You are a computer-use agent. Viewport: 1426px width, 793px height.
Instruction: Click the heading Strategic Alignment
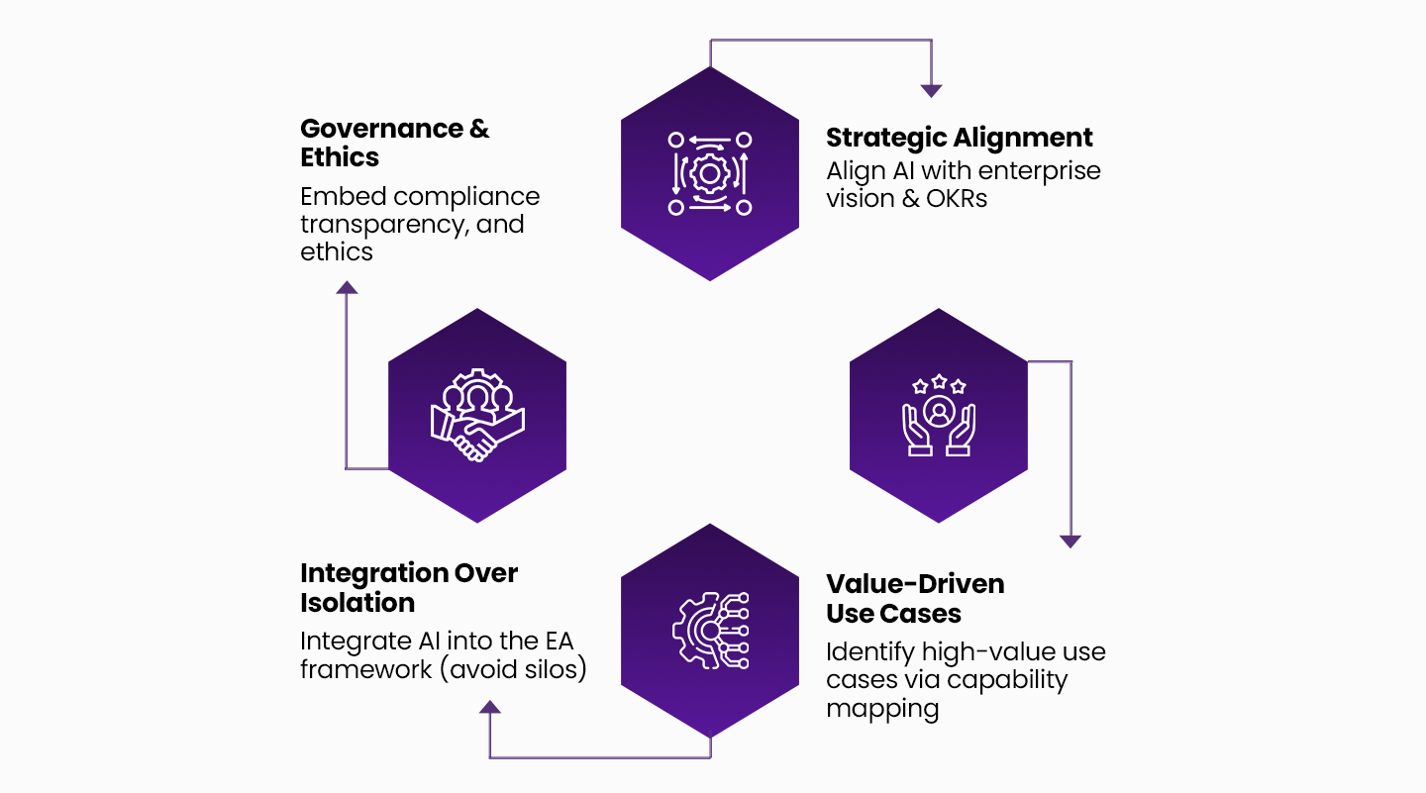tap(959, 138)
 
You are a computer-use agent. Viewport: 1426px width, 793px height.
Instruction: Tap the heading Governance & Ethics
tap(394, 143)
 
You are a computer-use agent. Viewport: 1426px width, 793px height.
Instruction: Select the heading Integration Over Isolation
tap(408, 588)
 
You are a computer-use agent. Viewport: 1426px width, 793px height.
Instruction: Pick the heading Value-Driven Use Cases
tap(915, 599)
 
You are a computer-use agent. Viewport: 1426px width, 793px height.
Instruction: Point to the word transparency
tap(382, 224)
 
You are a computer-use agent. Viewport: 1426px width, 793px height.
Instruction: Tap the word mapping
tap(882, 709)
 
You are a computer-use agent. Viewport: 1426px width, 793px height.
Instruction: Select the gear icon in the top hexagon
tap(709, 174)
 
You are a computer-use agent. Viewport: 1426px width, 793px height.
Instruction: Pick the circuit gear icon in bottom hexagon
tap(709, 631)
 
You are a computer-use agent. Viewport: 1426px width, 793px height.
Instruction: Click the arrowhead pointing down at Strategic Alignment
tap(931, 90)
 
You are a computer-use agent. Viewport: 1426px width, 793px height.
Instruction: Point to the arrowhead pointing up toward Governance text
tap(346, 287)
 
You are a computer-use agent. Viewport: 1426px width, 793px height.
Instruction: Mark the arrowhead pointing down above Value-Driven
tap(1069, 542)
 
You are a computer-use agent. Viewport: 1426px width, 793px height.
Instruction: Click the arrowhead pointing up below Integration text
tap(489, 707)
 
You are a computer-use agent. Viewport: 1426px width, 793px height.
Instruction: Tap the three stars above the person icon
tap(938, 384)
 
